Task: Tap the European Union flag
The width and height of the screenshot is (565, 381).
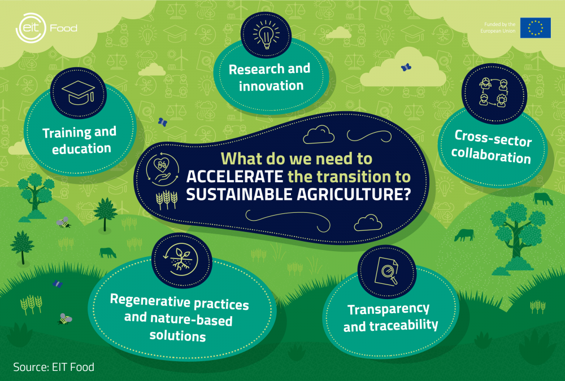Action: point(535,28)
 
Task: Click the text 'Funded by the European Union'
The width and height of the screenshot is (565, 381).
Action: point(497,28)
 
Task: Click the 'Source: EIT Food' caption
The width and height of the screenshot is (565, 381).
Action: point(54,367)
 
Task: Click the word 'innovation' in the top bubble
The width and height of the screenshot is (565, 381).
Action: point(271,86)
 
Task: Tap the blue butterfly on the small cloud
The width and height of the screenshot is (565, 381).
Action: point(405,67)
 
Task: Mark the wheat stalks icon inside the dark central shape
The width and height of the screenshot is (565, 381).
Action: point(166,199)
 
